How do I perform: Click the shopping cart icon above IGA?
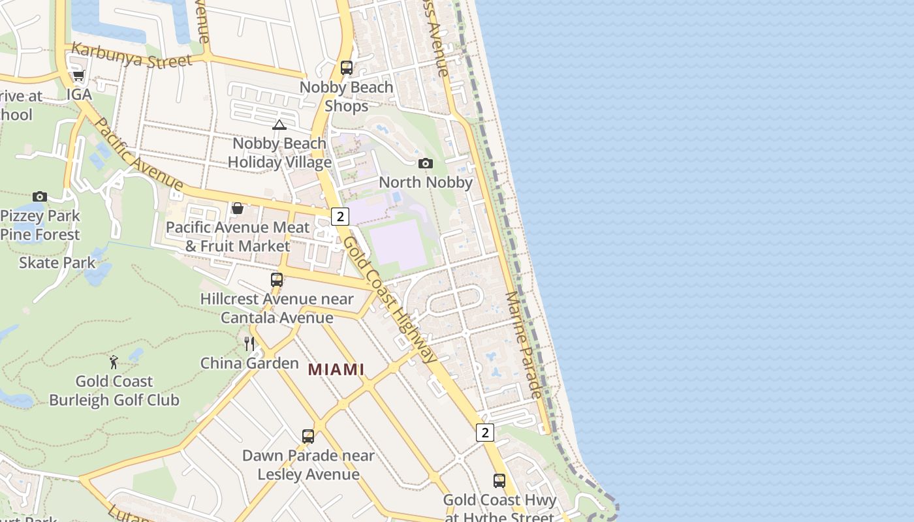click(78, 76)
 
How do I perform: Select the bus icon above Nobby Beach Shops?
click(347, 68)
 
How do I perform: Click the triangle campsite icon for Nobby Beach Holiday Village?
click(279, 125)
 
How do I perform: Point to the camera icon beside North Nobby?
click(426, 163)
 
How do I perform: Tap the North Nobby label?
click(426, 182)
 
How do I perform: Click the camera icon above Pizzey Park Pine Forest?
click(40, 196)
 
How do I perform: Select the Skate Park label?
click(57, 263)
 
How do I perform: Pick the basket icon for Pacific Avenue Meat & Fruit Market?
click(238, 208)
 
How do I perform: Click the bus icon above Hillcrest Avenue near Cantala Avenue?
click(277, 280)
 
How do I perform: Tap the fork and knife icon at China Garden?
click(249, 344)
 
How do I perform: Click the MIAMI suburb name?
click(336, 369)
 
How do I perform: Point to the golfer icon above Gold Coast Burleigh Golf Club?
click(114, 361)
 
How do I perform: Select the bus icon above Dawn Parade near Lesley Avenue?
click(308, 437)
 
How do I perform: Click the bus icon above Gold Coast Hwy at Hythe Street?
click(499, 481)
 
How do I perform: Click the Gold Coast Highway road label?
click(389, 299)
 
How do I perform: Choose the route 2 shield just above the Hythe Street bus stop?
click(484, 433)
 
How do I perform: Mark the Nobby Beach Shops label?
click(346, 96)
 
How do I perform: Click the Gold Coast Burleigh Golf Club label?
click(114, 390)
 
